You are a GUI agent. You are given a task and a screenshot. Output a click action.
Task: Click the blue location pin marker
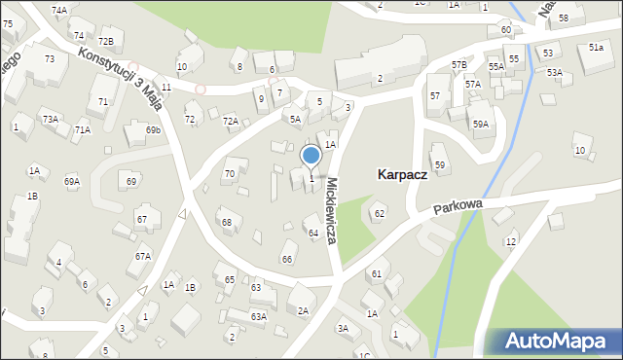point(311,156)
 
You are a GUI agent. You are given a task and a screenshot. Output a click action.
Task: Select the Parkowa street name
point(458,207)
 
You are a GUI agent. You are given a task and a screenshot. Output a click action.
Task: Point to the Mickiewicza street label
point(333,210)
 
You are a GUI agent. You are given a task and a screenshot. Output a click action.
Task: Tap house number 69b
point(153,129)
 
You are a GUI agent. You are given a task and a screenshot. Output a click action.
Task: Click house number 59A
point(481,124)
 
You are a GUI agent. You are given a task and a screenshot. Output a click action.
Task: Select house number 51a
point(596,47)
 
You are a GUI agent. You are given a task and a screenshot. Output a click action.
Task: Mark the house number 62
point(380,213)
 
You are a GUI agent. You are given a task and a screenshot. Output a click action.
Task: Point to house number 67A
point(142,256)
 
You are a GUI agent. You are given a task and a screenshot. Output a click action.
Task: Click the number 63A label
point(258,316)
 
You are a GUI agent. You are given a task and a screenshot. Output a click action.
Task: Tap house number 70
point(230,173)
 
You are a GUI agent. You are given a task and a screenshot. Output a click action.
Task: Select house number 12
point(511,240)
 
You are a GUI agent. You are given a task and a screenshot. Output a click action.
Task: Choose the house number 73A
point(50,119)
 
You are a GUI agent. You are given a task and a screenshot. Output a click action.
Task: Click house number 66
point(287,259)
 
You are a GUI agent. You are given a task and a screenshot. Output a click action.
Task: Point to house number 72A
point(230,121)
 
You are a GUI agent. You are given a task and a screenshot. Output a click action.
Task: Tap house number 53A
point(554,72)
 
